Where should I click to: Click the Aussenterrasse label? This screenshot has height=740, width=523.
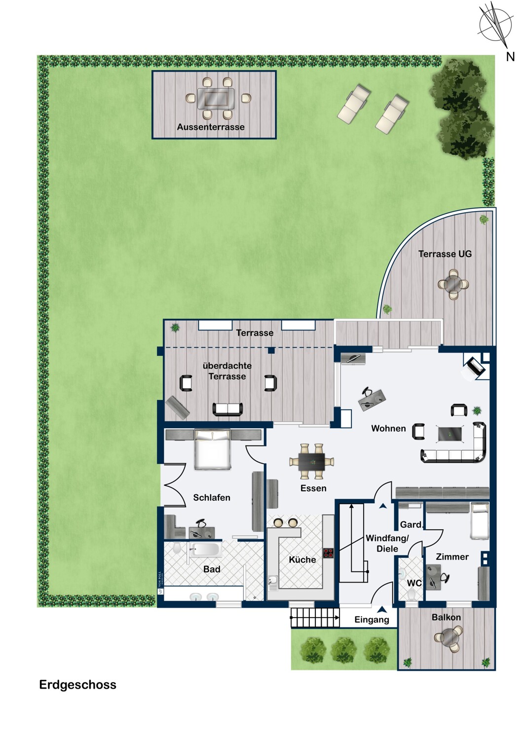click(x=211, y=127)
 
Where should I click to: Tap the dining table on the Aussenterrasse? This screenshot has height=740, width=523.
click(x=216, y=98)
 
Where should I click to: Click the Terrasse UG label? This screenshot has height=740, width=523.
click(x=445, y=254)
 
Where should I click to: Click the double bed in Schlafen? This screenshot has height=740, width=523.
click(x=213, y=449)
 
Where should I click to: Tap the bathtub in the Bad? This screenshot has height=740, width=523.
click(x=206, y=550)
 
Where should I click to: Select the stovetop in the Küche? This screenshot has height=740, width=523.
click(x=328, y=553)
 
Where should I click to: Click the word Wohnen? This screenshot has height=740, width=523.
click(x=388, y=429)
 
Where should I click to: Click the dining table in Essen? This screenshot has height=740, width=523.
click(x=311, y=461)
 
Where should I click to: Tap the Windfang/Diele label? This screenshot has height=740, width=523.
click(x=387, y=544)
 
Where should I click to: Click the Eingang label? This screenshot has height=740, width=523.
click(x=372, y=620)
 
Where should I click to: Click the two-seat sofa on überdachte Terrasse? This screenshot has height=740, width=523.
click(x=227, y=409)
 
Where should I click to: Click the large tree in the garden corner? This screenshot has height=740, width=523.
click(x=461, y=109)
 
